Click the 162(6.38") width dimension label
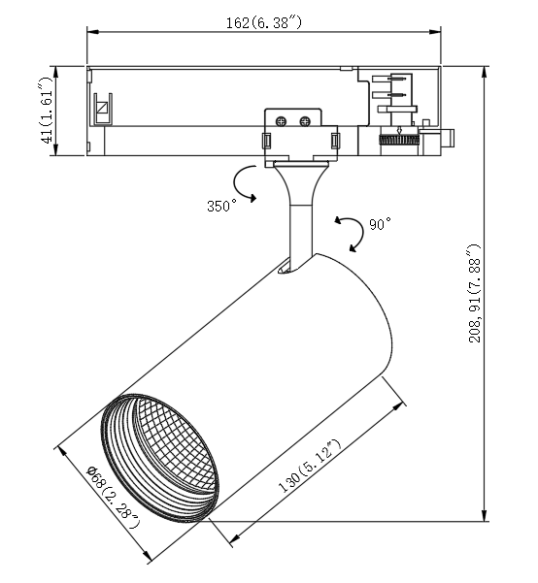click(x=263, y=23)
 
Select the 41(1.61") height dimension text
click(x=48, y=111)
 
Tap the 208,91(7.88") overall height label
click(x=475, y=293)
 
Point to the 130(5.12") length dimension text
click(x=310, y=466)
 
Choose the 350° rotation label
click(x=222, y=206)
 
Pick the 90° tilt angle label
click(x=380, y=224)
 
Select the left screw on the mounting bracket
click(x=281, y=121)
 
